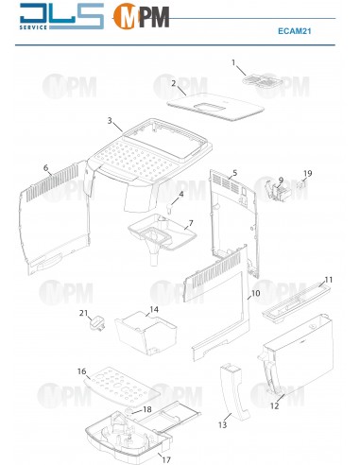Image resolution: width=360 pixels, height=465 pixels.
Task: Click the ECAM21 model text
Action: click(x=295, y=31)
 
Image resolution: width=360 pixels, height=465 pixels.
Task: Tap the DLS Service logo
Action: click(x=61, y=16)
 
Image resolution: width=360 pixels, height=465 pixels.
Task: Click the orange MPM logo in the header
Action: click(x=141, y=16)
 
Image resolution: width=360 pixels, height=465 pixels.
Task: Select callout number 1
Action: click(x=233, y=62)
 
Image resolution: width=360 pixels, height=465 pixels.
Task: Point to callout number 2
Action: click(x=174, y=84)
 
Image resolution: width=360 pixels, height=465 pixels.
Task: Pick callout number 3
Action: click(x=110, y=120)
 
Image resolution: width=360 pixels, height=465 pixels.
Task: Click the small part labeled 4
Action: click(x=169, y=209)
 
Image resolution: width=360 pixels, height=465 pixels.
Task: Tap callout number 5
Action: click(x=234, y=173)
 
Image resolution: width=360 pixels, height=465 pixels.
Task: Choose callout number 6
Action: click(x=46, y=168)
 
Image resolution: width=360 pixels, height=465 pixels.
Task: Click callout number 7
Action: click(x=191, y=223)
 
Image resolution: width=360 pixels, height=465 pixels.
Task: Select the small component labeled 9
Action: click(x=276, y=192)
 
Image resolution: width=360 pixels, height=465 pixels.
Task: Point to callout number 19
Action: click(x=308, y=173)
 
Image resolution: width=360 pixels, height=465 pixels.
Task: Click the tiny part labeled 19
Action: click(x=301, y=184)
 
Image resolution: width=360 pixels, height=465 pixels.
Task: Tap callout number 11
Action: click(x=329, y=280)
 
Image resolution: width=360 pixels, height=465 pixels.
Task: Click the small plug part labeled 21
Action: click(x=97, y=324)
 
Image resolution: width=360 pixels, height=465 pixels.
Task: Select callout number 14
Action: click(x=154, y=309)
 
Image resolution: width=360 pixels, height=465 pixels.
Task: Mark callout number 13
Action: click(x=222, y=424)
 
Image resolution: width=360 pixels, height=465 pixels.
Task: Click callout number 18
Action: click(x=147, y=409)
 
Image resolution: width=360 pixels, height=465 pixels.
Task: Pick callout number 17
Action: click(x=166, y=459)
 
